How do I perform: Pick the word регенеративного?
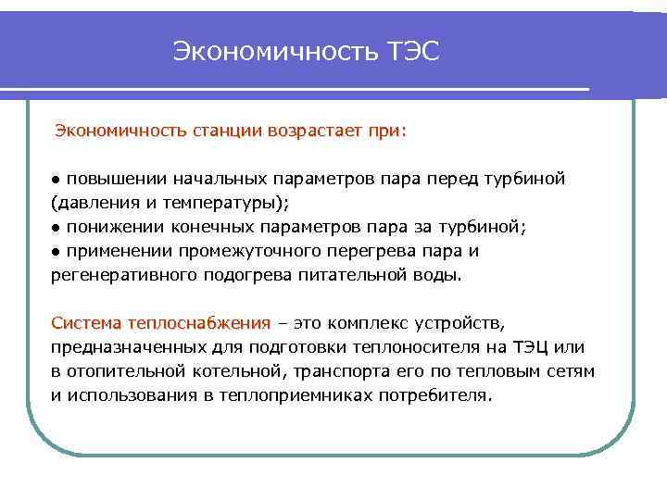coord(120,275)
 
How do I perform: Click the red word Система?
coord(87,323)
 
